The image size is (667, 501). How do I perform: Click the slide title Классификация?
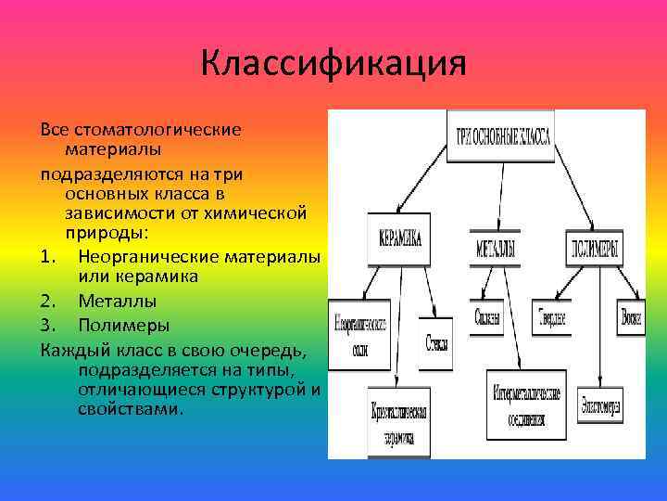point(333,65)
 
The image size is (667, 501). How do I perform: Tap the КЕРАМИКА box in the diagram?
point(398,238)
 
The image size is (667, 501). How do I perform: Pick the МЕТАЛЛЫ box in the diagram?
point(496,249)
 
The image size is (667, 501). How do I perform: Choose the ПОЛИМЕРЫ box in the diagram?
point(593,248)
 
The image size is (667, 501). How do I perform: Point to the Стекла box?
point(435,341)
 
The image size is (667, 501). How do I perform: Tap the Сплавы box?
point(488,318)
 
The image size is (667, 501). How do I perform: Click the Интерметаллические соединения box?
point(525,403)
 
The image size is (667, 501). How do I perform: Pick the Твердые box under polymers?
point(551,318)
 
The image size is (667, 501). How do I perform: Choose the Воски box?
point(632,318)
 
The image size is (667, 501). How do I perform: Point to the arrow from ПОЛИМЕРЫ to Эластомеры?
point(600,325)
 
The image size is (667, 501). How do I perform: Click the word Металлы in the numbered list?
point(118,302)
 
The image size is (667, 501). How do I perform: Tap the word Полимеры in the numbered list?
point(123,326)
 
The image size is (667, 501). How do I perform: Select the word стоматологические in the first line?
point(154,129)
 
